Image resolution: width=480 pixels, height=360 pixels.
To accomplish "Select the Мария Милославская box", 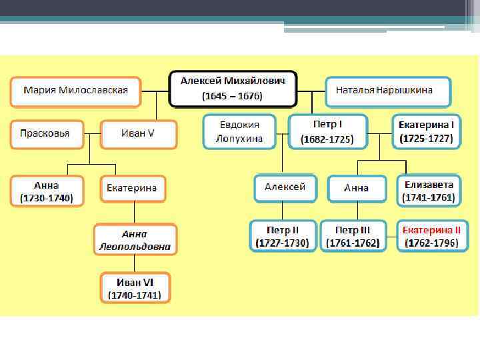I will click(75, 91).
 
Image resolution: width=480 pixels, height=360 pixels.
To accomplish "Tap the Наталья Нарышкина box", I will click(388, 91).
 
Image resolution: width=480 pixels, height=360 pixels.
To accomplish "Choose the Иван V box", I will click(138, 133).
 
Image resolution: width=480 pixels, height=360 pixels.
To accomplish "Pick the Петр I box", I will click(327, 132).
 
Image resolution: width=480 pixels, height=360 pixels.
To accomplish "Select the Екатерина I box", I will click(426, 132).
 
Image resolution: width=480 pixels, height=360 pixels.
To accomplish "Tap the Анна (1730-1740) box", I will click(47, 191).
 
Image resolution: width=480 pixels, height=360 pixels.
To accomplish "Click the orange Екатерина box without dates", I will click(132, 189).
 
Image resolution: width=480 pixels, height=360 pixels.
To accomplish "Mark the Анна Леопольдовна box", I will click(135, 240).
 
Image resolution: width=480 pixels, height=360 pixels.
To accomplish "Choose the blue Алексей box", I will click(285, 187).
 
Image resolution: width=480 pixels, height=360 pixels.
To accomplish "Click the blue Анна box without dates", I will click(357, 188).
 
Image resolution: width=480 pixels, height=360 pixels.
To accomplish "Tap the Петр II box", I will click(283, 235).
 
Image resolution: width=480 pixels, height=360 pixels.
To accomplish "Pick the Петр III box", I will click(353, 235).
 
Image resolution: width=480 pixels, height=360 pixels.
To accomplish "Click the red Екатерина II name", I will click(431, 229).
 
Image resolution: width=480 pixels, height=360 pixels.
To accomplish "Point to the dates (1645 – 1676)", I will click(233, 96).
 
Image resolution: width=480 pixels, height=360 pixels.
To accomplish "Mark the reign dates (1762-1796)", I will click(431, 243).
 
